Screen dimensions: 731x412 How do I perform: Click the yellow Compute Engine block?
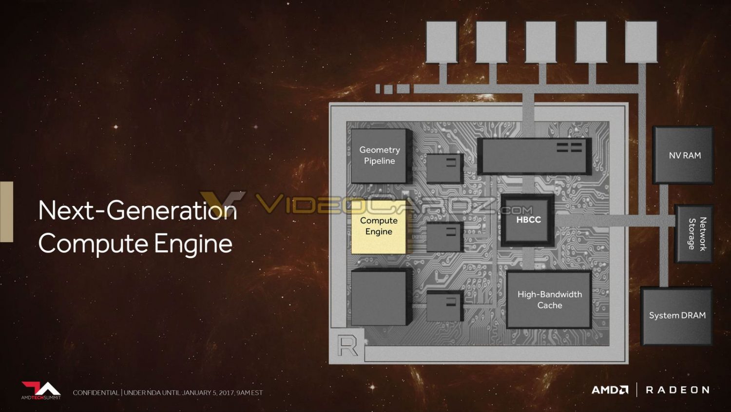379,227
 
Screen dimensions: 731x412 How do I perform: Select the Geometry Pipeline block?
381,156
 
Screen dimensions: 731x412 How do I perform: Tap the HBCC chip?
528,220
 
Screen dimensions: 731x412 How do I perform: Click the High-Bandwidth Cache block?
549,300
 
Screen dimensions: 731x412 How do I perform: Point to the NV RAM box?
683,155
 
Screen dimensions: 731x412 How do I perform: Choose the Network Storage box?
694,233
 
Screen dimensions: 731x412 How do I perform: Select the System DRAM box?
676,316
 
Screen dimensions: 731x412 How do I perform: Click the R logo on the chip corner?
347,347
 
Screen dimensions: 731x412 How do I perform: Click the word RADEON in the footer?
678,390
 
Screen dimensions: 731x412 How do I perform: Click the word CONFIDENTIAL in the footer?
96,392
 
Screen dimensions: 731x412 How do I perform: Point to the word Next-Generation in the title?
137,210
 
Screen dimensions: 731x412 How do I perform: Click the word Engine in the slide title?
193,244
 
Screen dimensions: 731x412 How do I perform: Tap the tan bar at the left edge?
6,212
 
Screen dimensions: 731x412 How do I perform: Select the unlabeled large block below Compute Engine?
381,297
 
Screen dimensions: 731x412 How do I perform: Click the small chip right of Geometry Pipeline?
445,168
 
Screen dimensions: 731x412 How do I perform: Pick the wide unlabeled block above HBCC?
534,156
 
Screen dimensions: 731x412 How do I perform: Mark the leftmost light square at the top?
442,42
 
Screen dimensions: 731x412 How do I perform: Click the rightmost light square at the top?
641,42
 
